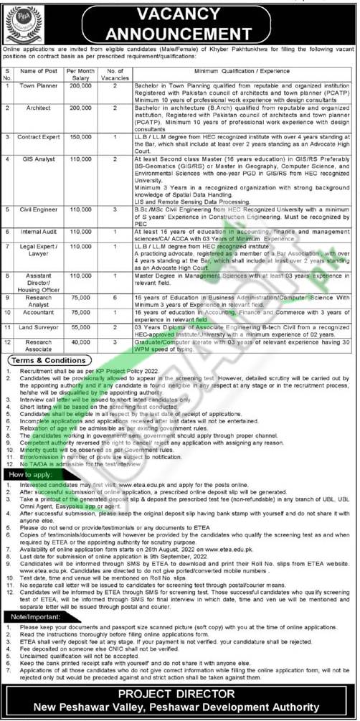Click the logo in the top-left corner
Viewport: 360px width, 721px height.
23,24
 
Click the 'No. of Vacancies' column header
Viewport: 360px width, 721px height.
115,72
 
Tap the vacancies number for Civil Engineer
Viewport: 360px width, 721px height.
115,210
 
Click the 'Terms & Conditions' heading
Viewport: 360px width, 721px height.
47,360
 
